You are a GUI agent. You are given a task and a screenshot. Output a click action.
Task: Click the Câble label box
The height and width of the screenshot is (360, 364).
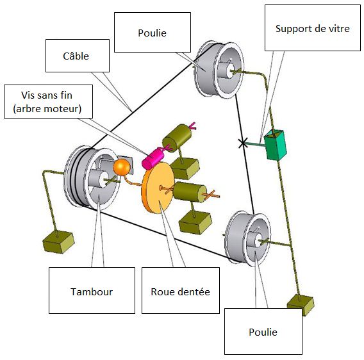pos(78,56)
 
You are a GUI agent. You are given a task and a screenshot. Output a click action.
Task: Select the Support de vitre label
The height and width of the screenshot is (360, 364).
pos(313,28)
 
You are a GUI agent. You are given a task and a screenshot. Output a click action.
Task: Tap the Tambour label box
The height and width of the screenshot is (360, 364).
pos(92,290)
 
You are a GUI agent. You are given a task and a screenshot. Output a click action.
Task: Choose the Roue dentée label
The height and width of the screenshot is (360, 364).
pos(180,290)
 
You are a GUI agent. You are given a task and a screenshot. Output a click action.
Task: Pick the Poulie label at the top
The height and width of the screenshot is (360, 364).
pos(153,32)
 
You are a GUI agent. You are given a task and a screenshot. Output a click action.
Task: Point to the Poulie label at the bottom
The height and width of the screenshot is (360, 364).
pos(263,331)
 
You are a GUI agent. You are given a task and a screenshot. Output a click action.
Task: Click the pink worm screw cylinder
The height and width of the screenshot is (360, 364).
pos(153,158)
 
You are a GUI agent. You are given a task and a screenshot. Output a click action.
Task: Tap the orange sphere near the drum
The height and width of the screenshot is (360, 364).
pos(121,167)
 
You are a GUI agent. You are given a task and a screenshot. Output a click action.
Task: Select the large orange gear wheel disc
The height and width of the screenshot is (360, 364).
pos(158,188)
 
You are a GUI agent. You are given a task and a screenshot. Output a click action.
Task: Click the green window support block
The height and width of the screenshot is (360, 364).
pos(276,145)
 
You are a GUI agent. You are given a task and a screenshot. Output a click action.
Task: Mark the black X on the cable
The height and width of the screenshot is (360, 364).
pos(243,143)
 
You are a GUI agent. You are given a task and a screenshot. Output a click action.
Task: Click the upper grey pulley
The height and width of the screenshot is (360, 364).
pos(219,70)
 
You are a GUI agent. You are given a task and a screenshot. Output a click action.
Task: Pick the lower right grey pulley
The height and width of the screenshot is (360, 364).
pos(247,238)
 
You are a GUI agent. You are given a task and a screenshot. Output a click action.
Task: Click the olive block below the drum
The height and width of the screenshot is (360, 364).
pos(58,241)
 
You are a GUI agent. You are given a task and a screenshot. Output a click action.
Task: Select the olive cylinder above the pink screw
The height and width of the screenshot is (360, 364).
pos(177,137)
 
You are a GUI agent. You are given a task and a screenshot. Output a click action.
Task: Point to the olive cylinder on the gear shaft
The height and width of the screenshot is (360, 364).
pos(190,192)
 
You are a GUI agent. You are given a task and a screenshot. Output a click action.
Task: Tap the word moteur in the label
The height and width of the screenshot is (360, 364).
pos(66,109)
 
